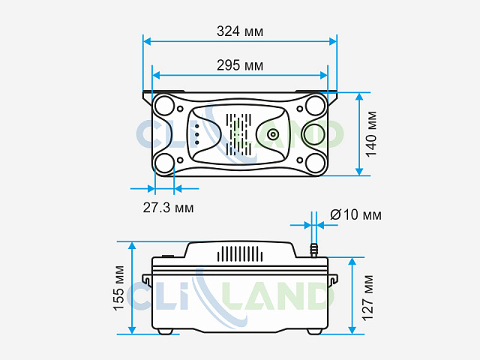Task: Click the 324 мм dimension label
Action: tap(240, 31)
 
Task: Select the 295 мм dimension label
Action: tap(240, 65)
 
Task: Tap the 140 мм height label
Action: tap(372, 134)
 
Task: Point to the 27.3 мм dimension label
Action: tap(168, 208)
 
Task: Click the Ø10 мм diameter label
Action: tap(356, 214)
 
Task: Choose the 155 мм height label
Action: tap(118, 288)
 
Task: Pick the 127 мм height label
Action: tap(367, 298)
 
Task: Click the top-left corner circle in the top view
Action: tap(165, 105)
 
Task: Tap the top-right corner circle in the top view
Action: tap(315, 105)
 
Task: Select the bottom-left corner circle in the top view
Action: tap(165, 163)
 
